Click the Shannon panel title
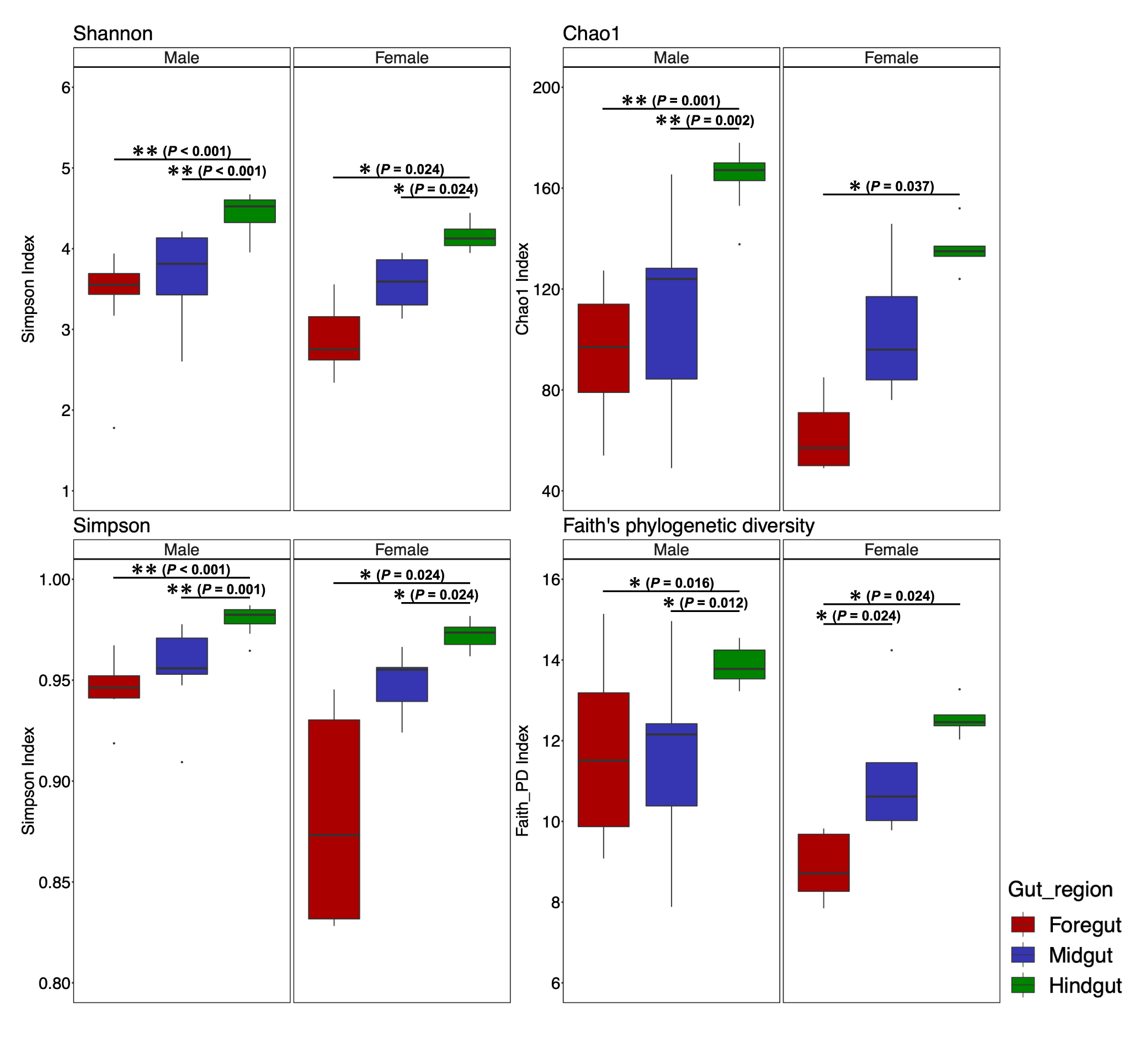[113, 33]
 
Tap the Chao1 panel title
[591, 33]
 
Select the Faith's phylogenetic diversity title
[689, 525]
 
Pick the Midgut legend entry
[1062, 955]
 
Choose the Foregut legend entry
[1066, 924]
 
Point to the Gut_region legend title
[1060, 890]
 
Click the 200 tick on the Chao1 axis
[546, 88]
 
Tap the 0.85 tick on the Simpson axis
[54, 882]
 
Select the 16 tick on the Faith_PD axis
[551, 579]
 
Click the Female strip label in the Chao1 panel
[891, 57]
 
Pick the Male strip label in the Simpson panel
[181, 550]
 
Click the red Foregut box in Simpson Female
[334, 819]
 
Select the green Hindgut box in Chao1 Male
[739, 172]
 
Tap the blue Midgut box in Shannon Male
[182, 267]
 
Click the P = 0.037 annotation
[899, 187]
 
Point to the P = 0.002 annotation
[720, 120]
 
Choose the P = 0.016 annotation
[680, 583]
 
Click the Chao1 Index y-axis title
[522, 289]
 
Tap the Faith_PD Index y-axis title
[522, 780]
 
